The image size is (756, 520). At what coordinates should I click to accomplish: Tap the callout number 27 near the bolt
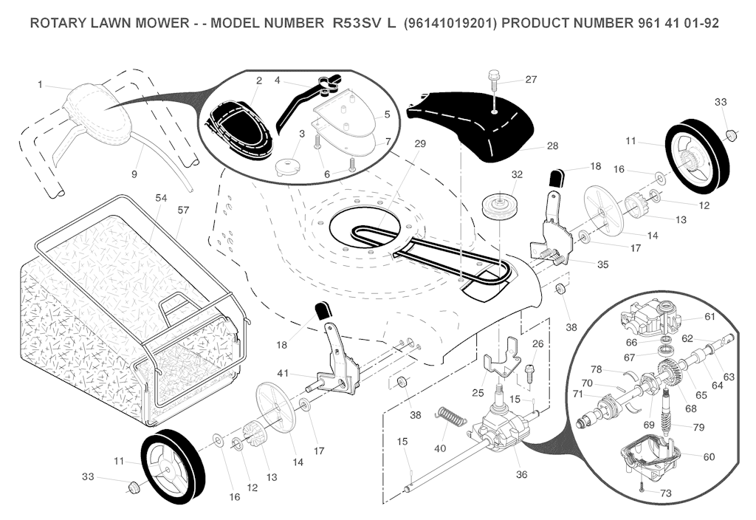click(x=532, y=79)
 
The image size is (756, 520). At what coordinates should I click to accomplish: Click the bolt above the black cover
click(x=494, y=80)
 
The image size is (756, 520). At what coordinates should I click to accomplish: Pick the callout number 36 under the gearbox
click(x=521, y=474)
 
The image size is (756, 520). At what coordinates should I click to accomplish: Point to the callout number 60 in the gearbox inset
click(x=709, y=456)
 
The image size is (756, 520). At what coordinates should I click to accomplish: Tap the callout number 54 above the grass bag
click(x=161, y=198)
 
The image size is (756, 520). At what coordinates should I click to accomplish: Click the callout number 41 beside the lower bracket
click(x=283, y=373)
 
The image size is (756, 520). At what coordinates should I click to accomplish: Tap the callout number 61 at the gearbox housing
click(x=709, y=317)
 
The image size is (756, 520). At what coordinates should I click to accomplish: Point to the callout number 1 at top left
click(x=40, y=85)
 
